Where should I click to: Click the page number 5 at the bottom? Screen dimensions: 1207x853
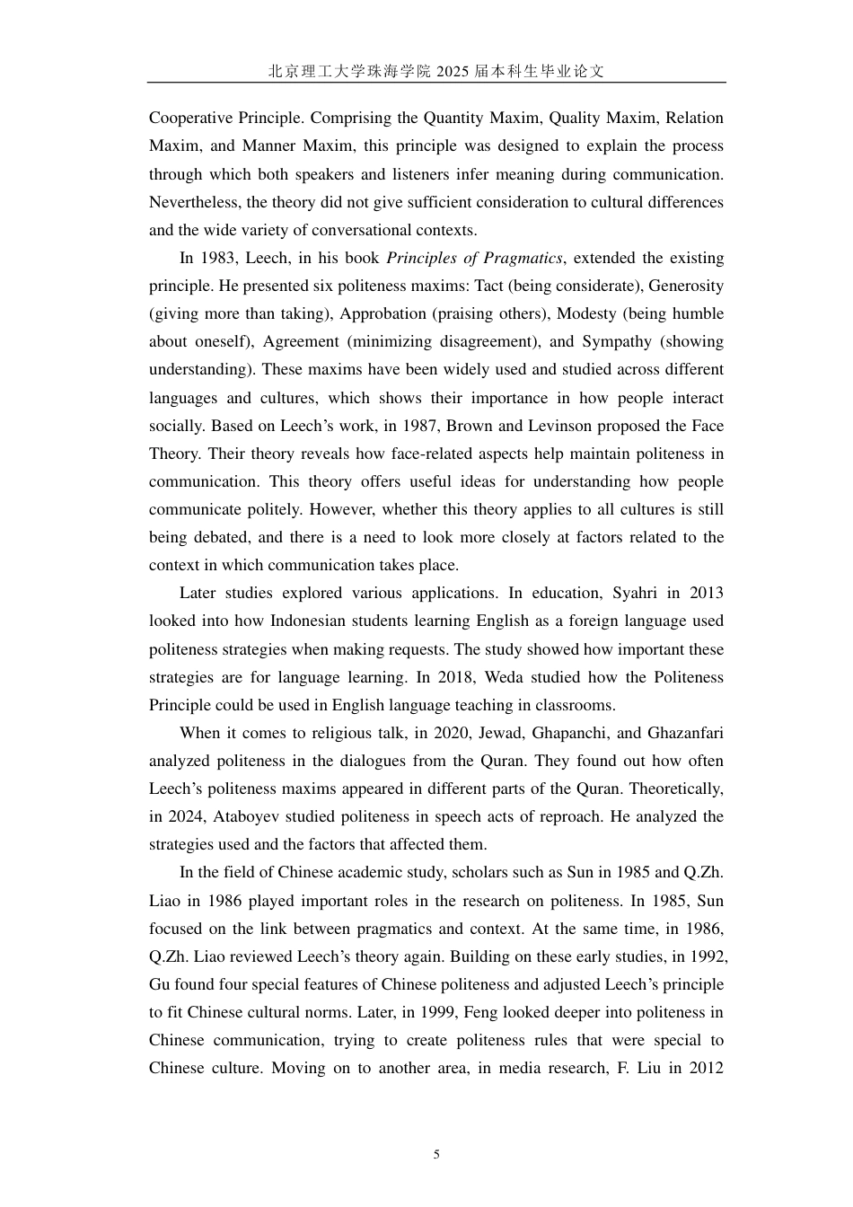click(x=436, y=1154)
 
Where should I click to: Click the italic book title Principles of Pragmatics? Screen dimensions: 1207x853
click(x=474, y=258)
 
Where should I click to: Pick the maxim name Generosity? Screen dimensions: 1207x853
click(x=686, y=286)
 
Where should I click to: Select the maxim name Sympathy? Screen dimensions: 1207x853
click(x=617, y=341)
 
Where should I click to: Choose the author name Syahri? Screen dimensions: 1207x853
click(x=635, y=593)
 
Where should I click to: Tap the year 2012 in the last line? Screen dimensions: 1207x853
click(x=705, y=1068)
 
